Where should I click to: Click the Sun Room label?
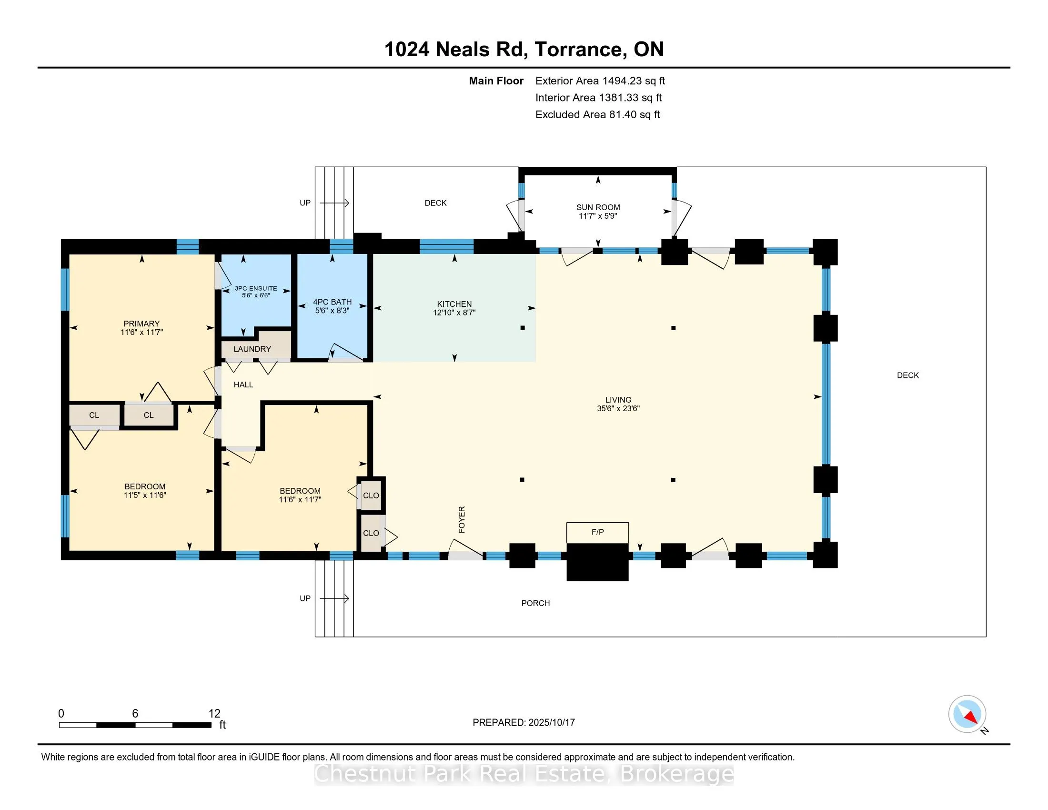[x=598, y=207]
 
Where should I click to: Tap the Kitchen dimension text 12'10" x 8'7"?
[x=454, y=313]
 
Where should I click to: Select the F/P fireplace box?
[x=597, y=533]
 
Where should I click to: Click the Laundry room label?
[x=252, y=349]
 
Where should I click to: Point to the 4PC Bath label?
[x=333, y=302]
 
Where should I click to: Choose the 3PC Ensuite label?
[x=256, y=288]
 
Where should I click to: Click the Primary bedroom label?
[x=141, y=324]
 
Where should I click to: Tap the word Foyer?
[x=462, y=519]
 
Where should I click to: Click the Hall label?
[x=243, y=385]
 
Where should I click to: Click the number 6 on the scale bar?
[x=135, y=714]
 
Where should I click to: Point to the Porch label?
[x=535, y=603]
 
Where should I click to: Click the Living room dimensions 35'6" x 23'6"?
[x=618, y=408]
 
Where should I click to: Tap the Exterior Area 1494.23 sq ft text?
[x=600, y=81]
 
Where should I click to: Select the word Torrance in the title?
[x=578, y=50]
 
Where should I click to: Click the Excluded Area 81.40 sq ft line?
[x=598, y=114]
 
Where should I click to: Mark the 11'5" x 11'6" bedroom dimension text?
[x=145, y=495]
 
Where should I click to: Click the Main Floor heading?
[x=496, y=81]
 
